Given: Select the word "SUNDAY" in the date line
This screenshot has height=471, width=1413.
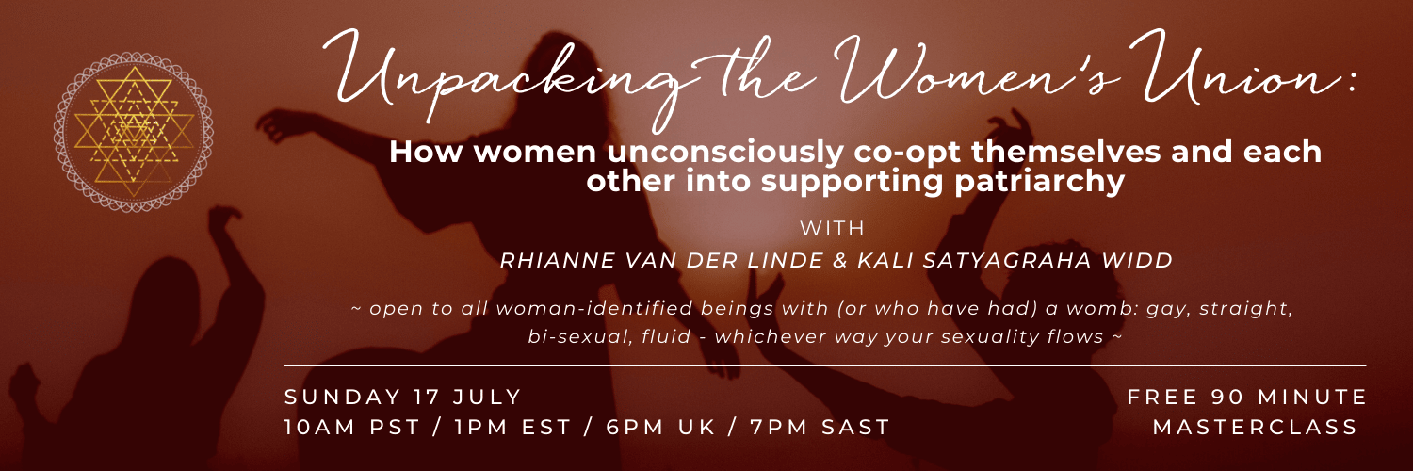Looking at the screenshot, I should [340, 396].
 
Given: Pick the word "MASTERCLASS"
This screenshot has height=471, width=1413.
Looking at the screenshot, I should [1257, 427].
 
